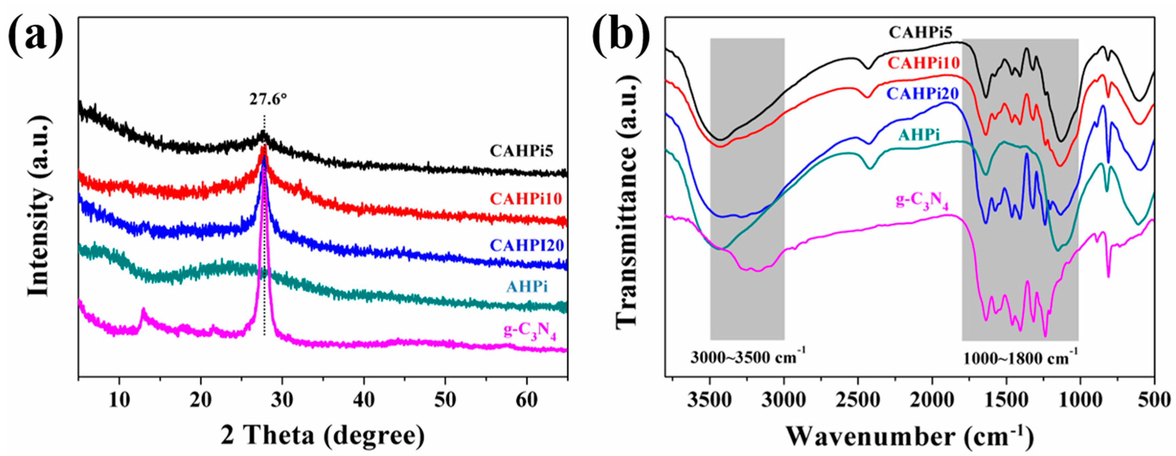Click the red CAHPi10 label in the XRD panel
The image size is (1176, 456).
point(526,199)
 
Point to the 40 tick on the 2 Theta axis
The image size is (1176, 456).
point(364,398)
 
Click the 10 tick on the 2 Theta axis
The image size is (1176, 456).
point(120,398)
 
